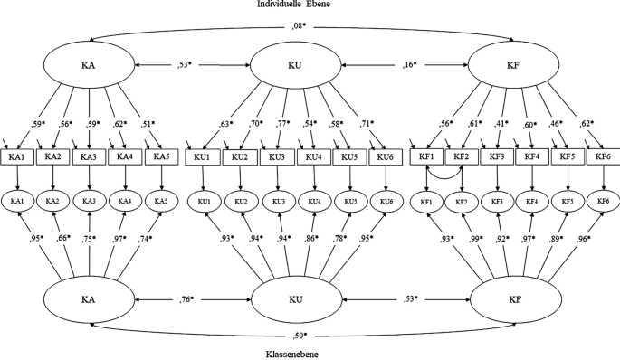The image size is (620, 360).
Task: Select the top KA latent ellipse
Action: [90, 65]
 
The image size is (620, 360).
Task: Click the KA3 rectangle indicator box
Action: [90, 157]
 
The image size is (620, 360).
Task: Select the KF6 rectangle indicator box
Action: [601, 157]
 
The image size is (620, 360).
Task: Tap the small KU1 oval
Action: [204, 199]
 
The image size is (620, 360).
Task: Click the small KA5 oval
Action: [162, 199]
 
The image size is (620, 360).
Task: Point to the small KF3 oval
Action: [496, 199]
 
